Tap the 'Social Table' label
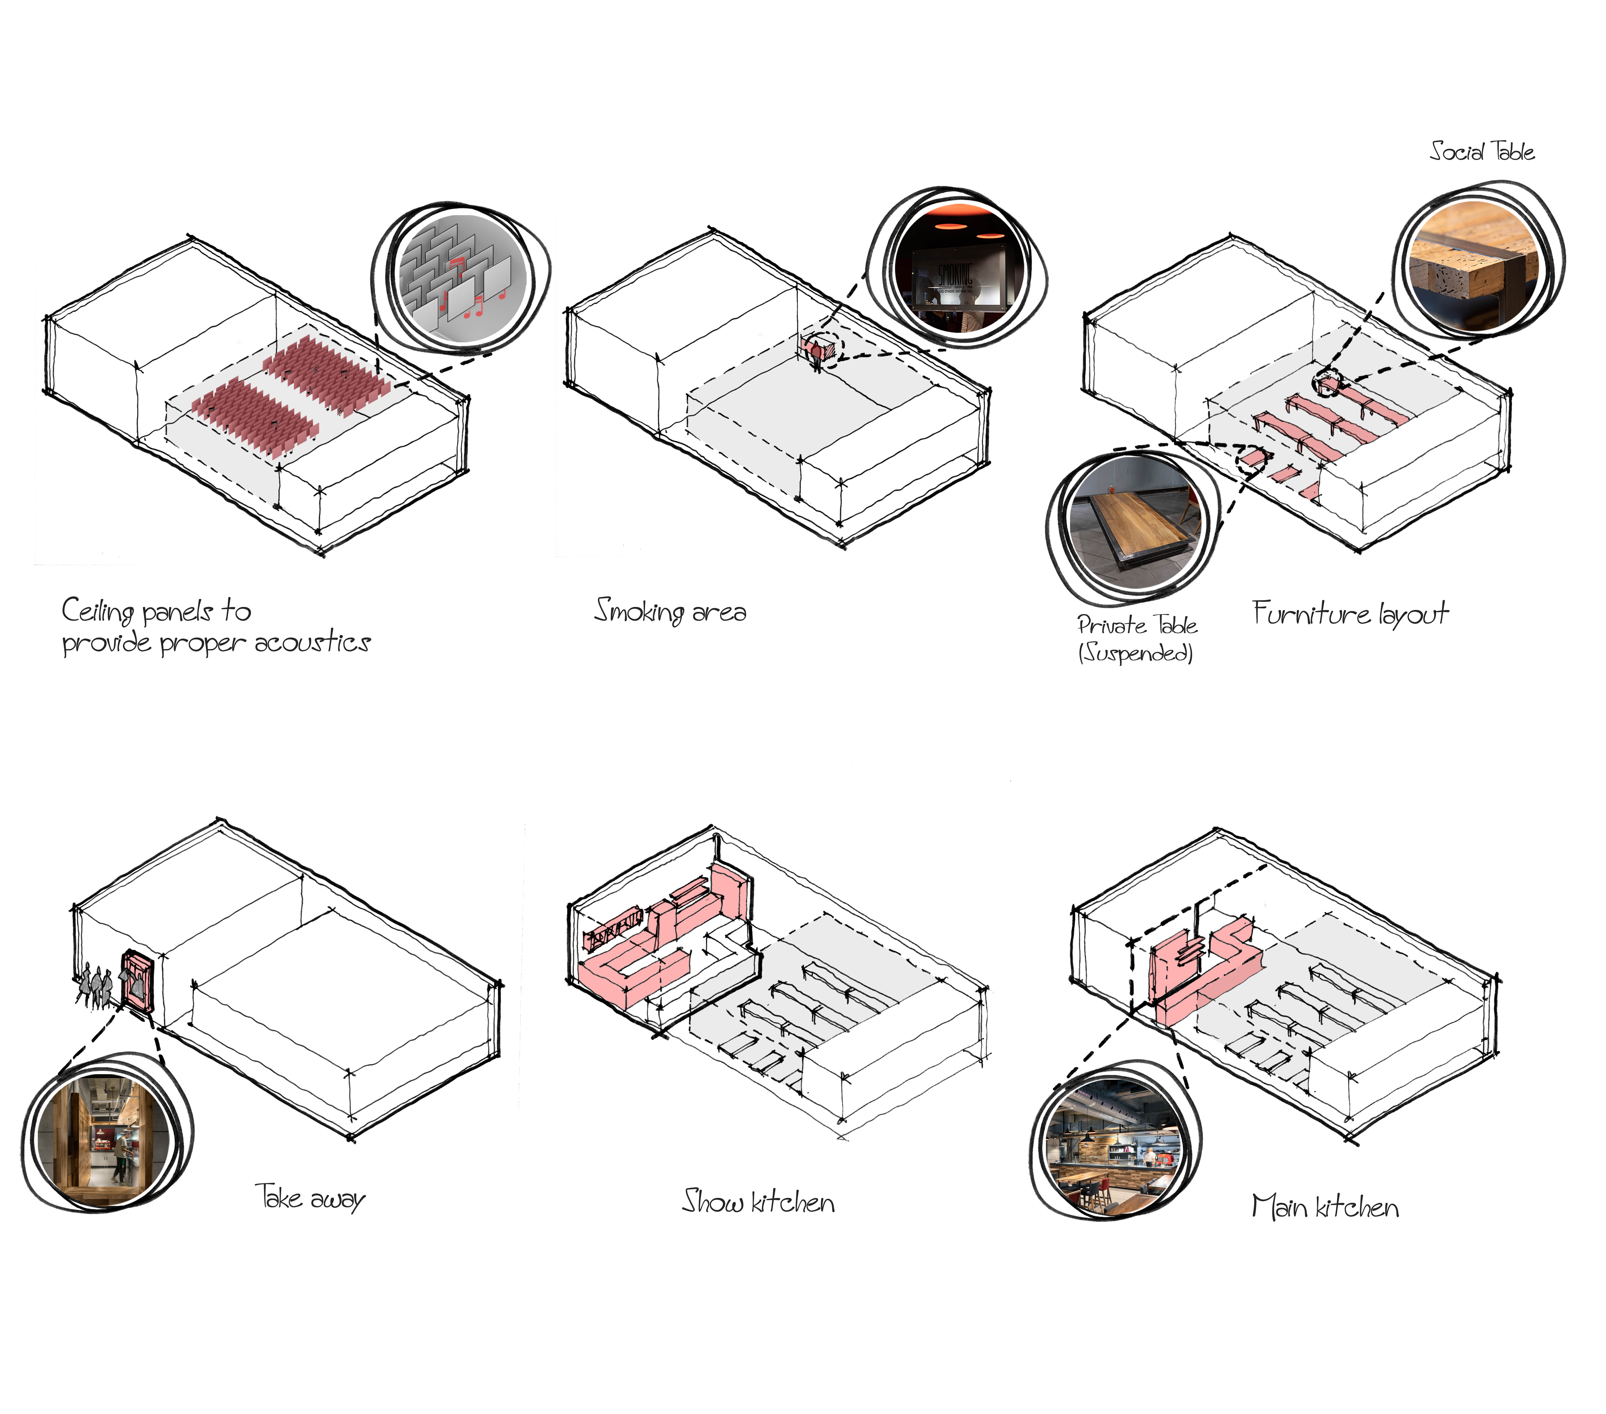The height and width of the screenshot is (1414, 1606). (1481, 151)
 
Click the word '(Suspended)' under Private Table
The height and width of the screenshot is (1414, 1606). (1135, 652)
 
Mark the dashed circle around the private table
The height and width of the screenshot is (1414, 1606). (1252, 458)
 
